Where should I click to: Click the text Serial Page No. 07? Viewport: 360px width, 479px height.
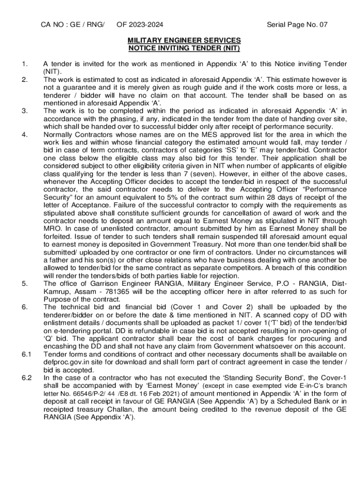[x=297, y=25]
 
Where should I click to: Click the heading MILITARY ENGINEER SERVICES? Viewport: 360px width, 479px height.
[x=184, y=40]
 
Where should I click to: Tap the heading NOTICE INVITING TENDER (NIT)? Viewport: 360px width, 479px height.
[x=184, y=48]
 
